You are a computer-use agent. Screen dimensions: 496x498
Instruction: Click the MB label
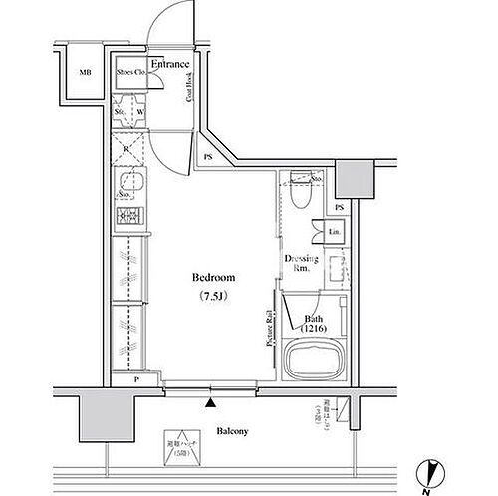pos(85,72)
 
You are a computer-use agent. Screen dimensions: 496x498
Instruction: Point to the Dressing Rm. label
pos(301,265)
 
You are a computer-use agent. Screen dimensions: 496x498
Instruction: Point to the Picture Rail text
pos(270,328)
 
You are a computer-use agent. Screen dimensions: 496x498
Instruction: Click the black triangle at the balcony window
pos(210,402)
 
